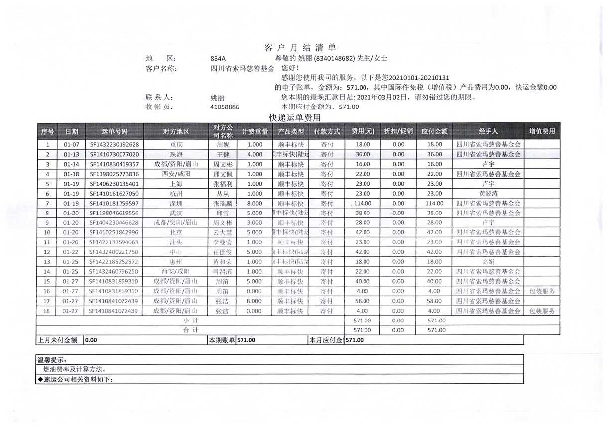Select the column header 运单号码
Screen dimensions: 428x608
[x=115, y=132]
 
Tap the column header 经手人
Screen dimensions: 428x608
[x=488, y=132]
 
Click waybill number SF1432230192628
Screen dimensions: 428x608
[x=115, y=145]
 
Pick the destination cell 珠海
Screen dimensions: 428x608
[x=176, y=155]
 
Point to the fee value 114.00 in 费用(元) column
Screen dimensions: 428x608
[x=362, y=204]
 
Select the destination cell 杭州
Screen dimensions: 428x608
[x=176, y=194]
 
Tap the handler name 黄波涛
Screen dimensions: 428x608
[x=488, y=194]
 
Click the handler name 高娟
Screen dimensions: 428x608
[x=488, y=262]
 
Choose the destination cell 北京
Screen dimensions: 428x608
[x=176, y=232]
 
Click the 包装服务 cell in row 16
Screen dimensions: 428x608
[x=542, y=291]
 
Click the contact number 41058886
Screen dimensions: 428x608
[x=225, y=107]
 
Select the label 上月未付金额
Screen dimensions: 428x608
[x=57, y=340]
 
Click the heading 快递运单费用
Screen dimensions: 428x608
[x=295, y=118]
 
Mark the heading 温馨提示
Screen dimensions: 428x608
[x=52, y=360]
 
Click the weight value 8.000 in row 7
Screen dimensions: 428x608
[x=254, y=204]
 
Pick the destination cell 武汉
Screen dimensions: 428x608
[x=176, y=213]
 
